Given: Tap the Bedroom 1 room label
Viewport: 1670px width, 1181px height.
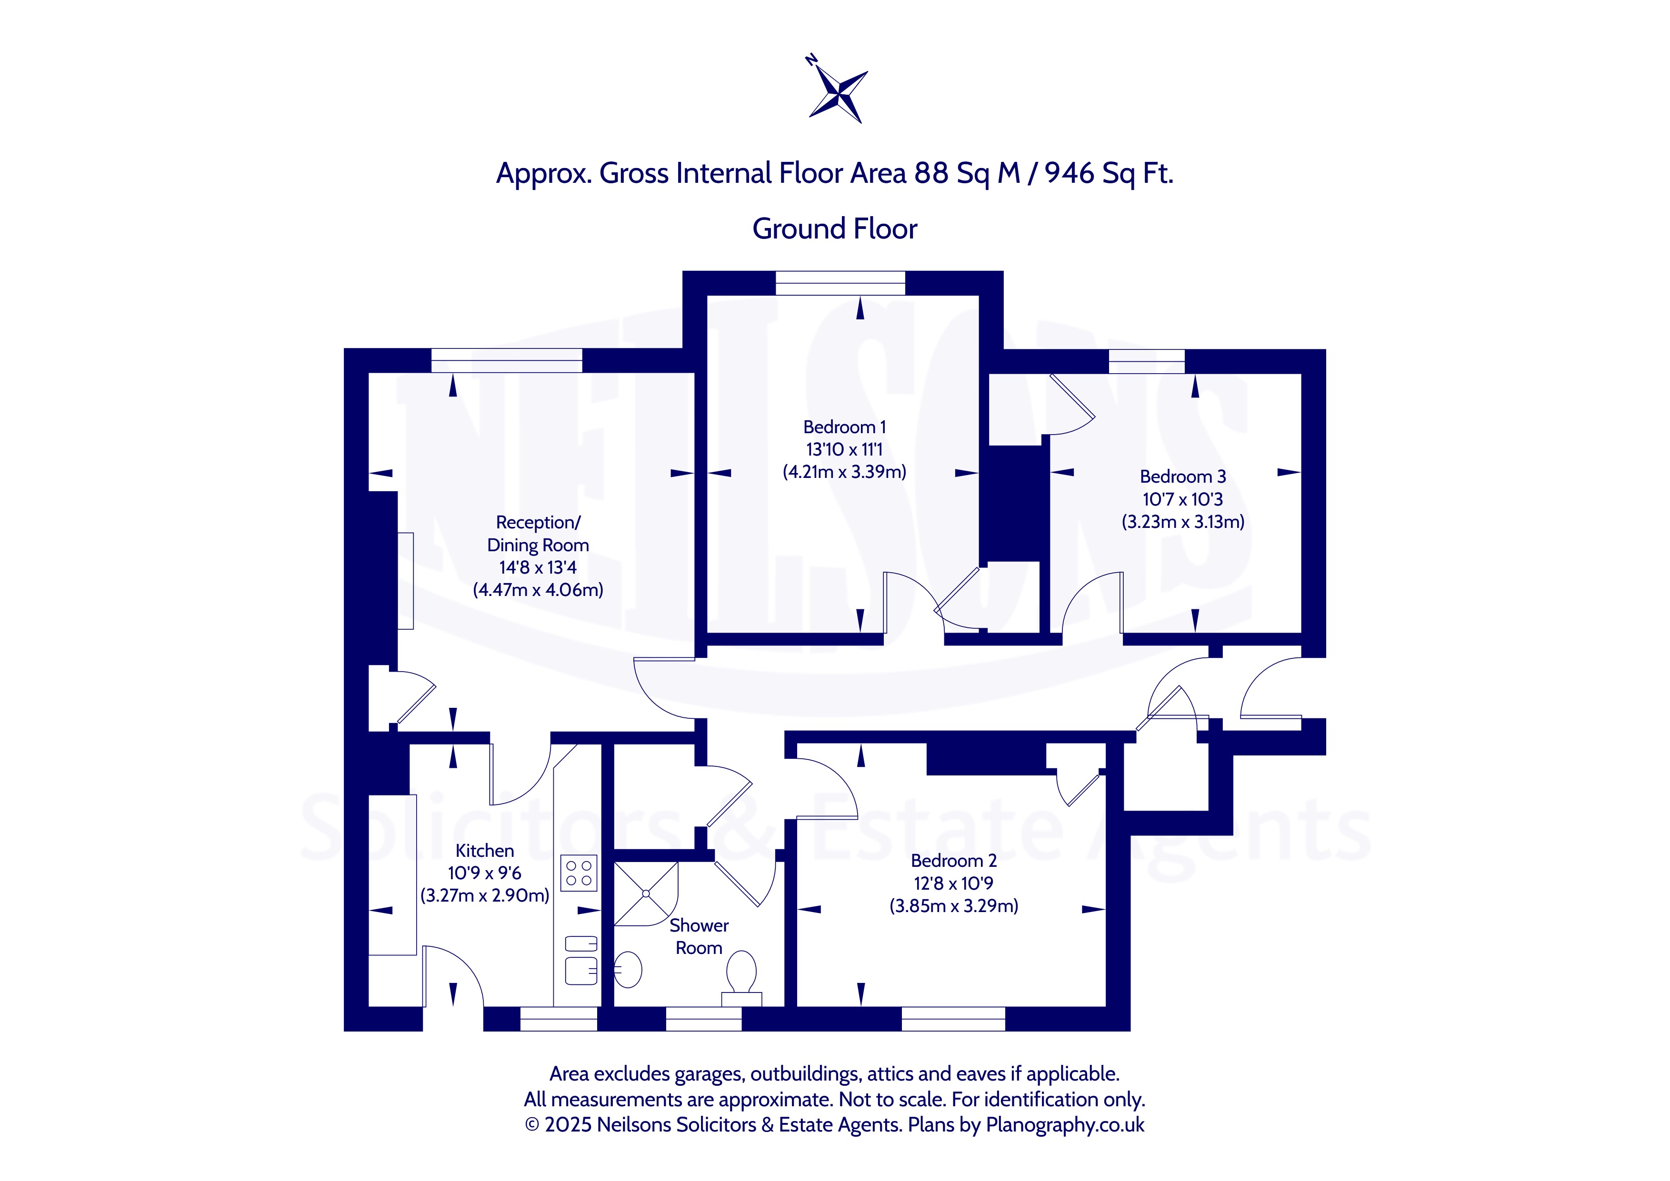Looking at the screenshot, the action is pyautogui.click(x=844, y=427).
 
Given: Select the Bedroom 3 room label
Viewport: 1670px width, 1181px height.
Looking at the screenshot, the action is pyautogui.click(x=1183, y=476).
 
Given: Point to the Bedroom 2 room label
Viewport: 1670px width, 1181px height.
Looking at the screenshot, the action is pyautogui.click(x=953, y=860).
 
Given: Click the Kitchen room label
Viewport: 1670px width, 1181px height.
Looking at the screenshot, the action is pyautogui.click(x=484, y=850).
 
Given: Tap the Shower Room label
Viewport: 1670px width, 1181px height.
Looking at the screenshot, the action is pyautogui.click(x=699, y=936).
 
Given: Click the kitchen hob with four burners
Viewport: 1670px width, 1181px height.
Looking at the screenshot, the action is pyautogui.click(x=579, y=873).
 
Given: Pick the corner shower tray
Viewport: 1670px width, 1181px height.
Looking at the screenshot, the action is pyautogui.click(x=646, y=894).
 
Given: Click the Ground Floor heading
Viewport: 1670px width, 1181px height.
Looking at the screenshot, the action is pyautogui.click(x=835, y=228).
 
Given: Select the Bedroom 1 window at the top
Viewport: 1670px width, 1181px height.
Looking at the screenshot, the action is pyautogui.click(x=840, y=283).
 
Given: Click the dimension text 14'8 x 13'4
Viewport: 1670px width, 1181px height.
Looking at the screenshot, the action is pyautogui.click(x=538, y=567).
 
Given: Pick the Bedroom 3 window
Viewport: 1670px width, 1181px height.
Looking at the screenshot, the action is pyautogui.click(x=1147, y=361).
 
